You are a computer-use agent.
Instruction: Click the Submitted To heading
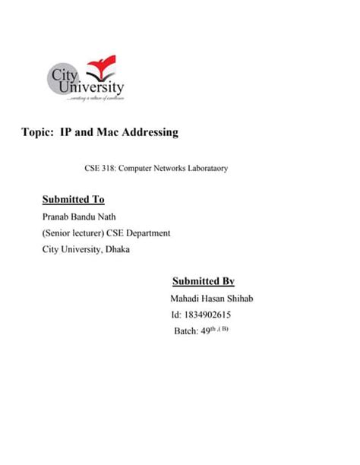pos(73,200)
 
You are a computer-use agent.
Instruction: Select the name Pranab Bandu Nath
pos(81,217)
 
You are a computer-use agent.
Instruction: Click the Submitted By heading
pos(203,281)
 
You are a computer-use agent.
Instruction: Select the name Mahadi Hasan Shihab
pos(213,298)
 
